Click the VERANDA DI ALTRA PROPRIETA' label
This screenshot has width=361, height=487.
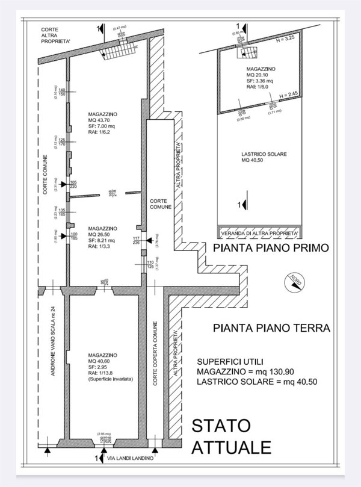coord(261,232)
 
